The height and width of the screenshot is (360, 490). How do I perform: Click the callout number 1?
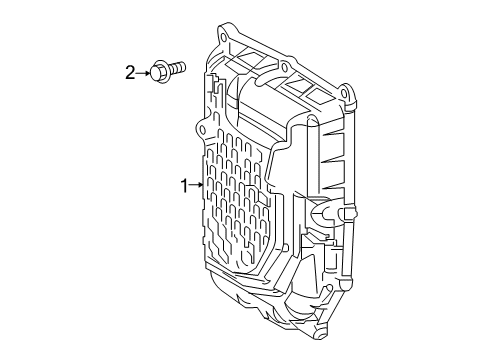click(184, 185)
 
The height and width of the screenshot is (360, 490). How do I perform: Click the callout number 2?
click(130, 71)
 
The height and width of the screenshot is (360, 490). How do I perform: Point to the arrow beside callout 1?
click(198, 185)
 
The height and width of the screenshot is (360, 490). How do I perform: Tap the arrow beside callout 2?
click(144, 71)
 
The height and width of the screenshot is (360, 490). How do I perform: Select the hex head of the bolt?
click(160, 71)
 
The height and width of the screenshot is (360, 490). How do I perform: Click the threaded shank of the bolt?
click(179, 69)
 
